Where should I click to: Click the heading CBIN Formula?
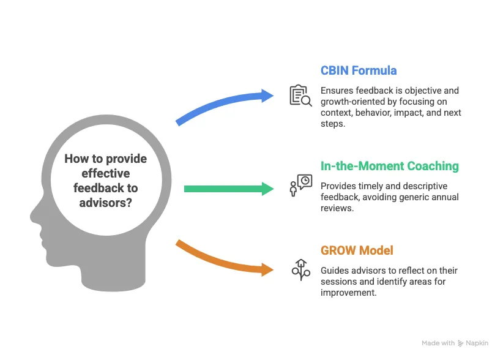click(359, 70)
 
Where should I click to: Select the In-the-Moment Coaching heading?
click(390, 166)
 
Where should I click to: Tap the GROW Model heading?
click(357, 250)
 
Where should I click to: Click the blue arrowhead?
click(267, 96)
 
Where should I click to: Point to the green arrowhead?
click(267, 189)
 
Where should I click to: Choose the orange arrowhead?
click(267, 269)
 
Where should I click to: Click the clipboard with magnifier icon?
click(300, 96)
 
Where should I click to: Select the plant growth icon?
click(301, 270)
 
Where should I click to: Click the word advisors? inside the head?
click(105, 203)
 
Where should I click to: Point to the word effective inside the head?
click(105, 173)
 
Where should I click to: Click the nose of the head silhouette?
click(32, 216)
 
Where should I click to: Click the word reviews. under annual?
click(337, 208)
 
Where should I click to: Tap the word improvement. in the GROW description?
click(348, 293)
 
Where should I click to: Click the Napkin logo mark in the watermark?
click(460, 343)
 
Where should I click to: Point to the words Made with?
click(438, 343)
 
